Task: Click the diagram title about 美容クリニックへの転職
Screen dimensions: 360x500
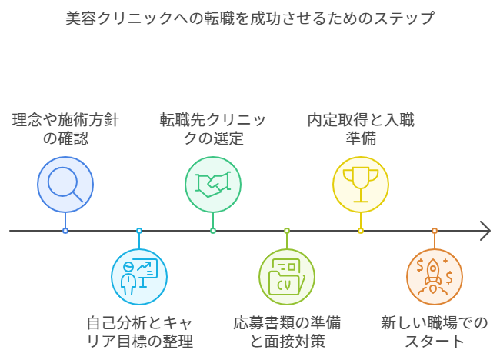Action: click(250, 18)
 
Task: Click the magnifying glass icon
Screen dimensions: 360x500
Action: click(65, 185)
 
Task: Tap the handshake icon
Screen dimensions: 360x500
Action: click(213, 185)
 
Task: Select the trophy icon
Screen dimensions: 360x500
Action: click(361, 185)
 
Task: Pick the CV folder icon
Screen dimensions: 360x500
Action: click(287, 277)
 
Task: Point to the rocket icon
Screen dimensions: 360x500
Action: click(435, 277)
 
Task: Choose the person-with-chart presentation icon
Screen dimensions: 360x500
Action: click(139, 277)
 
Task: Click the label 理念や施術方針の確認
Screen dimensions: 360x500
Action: click(65, 129)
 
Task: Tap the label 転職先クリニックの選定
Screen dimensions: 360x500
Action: click(213, 129)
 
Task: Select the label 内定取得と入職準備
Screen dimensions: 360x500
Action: click(361, 129)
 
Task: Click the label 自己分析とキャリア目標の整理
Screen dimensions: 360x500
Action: click(139, 332)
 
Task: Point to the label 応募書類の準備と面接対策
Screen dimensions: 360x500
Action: click(287, 332)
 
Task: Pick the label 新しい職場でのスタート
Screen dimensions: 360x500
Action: click(435, 332)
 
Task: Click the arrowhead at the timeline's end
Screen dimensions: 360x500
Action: click(485, 231)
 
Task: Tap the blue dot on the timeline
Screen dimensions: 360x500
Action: click(65, 231)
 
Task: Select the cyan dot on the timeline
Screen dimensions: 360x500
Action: click(139, 231)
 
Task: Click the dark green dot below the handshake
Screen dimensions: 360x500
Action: click(213, 231)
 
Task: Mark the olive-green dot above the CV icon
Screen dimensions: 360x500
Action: click(287, 231)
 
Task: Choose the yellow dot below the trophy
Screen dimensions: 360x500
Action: click(361, 231)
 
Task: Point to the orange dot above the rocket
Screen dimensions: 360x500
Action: click(435, 231)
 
